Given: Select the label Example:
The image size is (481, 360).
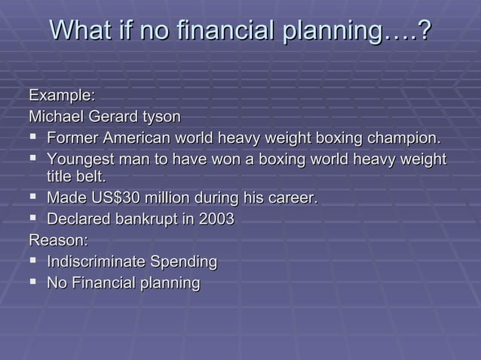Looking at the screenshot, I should click(62, 96).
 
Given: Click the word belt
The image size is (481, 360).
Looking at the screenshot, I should click(90, 177).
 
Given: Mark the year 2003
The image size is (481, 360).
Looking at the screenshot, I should click(216, 220).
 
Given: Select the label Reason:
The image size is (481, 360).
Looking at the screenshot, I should click(58, 241).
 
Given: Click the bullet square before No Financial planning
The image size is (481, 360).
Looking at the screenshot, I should click(33, 283).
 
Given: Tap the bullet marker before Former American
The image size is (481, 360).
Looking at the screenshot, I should click(33, 139).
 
